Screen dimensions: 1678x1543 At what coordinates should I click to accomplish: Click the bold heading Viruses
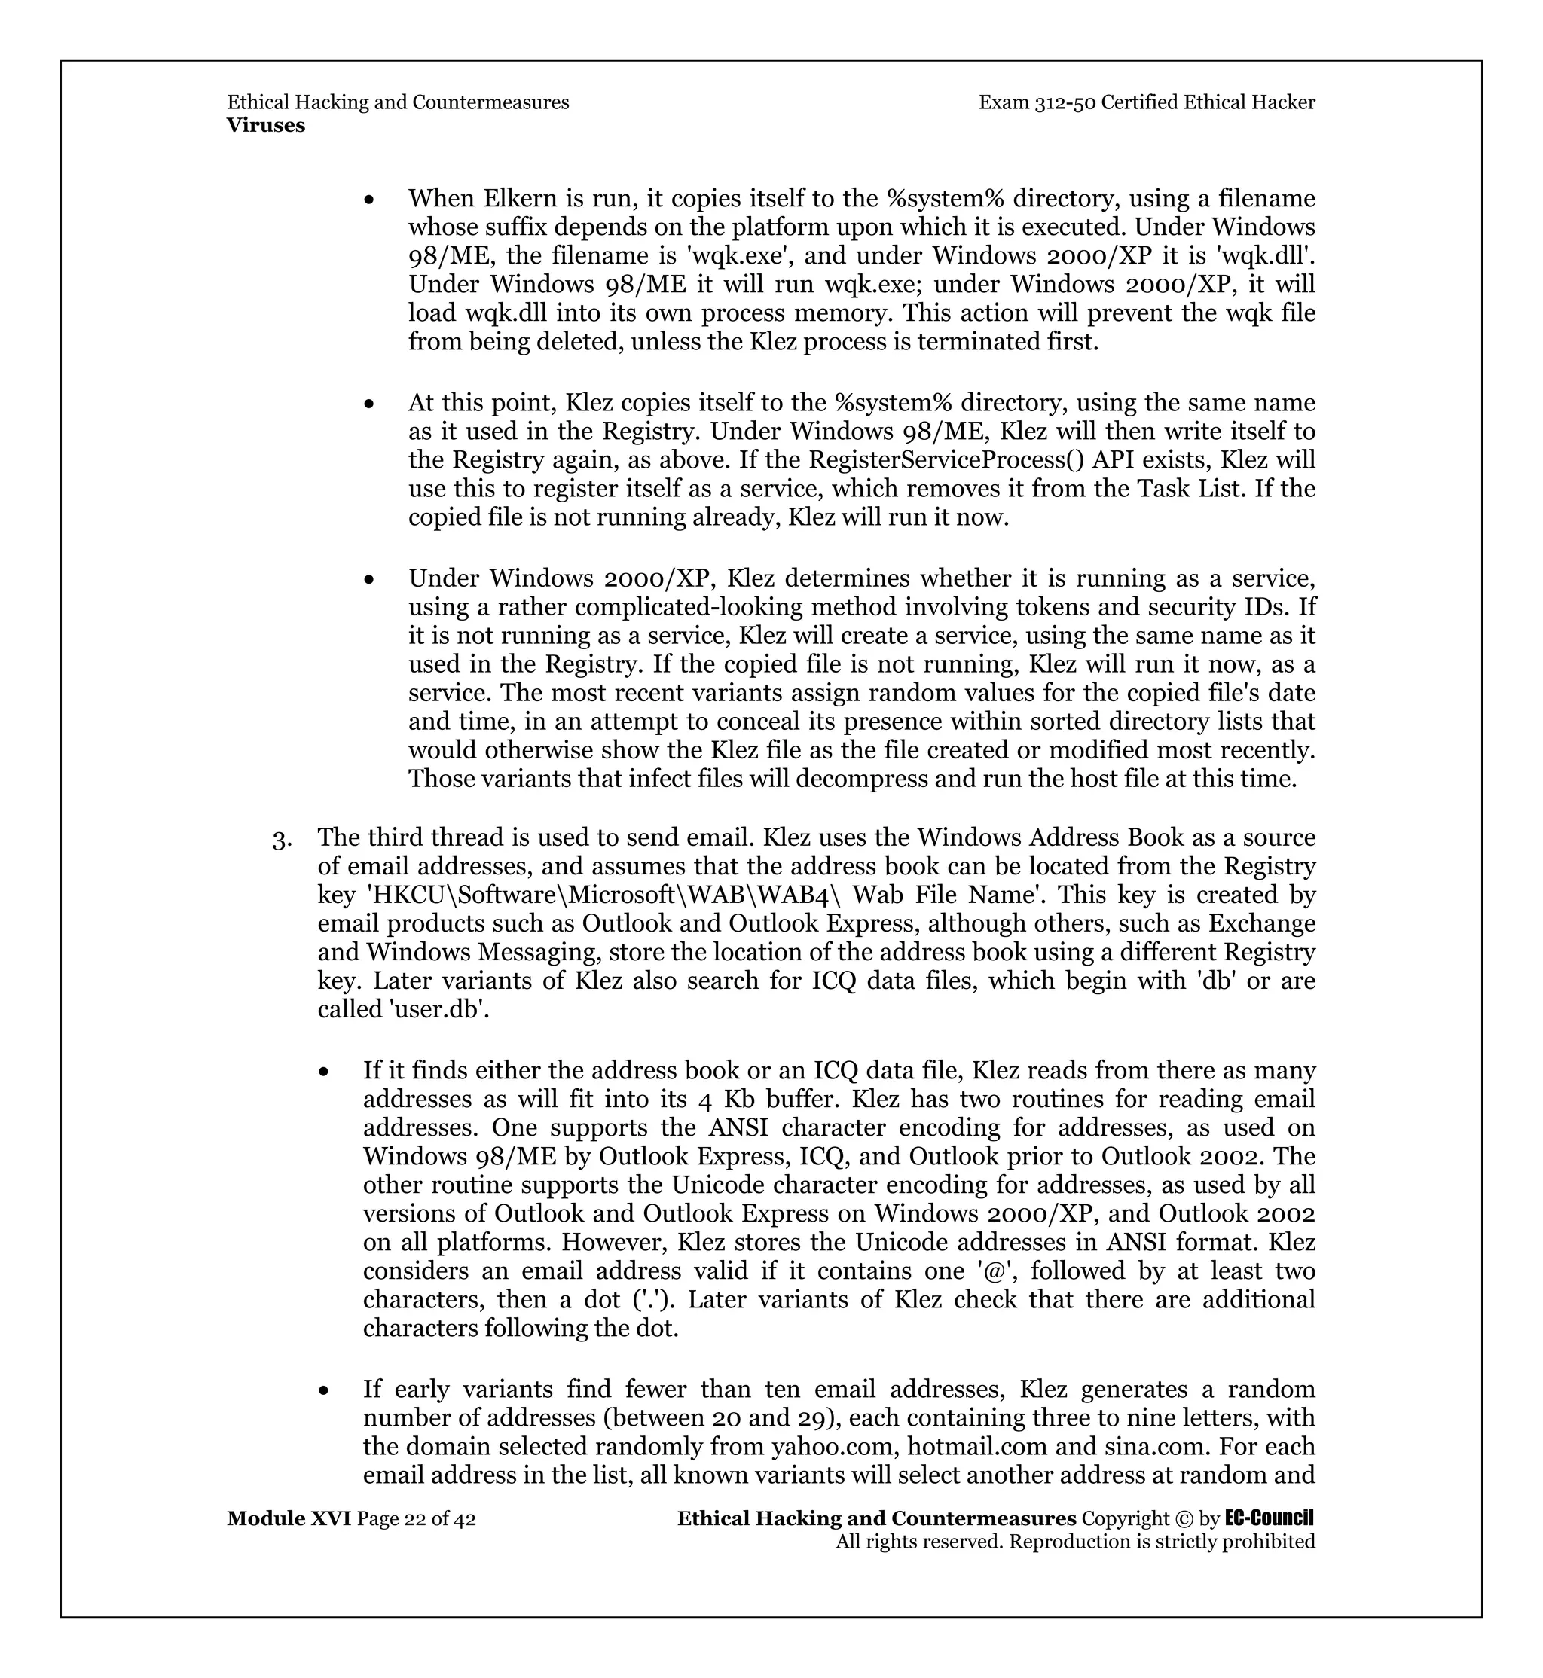[x=265, y=126]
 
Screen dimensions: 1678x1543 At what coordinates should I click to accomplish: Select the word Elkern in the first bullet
[x=522, y=199]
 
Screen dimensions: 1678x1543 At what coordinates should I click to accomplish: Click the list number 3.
[x=281, y=839]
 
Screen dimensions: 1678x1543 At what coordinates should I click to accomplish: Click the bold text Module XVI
[x=289, y=1518]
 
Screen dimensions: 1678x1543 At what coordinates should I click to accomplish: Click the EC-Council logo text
[x=1270, y=1518]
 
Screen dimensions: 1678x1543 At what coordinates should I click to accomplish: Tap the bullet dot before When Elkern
[x=369, y=200]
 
